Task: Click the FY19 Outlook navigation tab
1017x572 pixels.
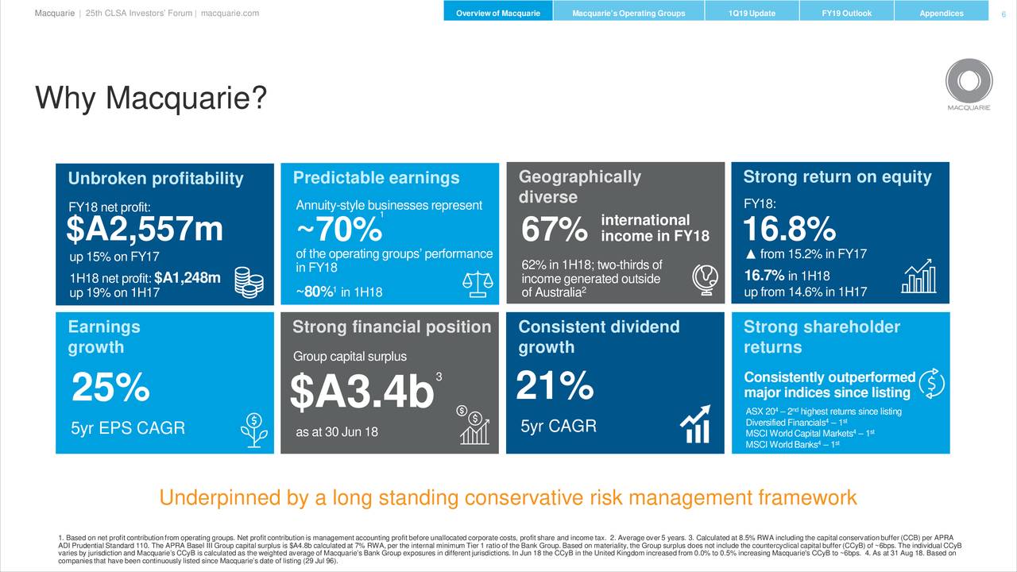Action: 846,14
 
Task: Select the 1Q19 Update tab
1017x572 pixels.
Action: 751,14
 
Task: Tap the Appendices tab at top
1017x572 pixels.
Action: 941,14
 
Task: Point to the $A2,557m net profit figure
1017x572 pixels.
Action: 145,230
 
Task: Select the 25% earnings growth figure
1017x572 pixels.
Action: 110,388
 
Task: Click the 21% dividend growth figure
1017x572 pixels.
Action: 555,387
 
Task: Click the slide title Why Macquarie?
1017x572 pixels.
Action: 151,100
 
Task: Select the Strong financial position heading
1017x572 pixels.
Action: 392,327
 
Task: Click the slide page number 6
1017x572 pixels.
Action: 1003,14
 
